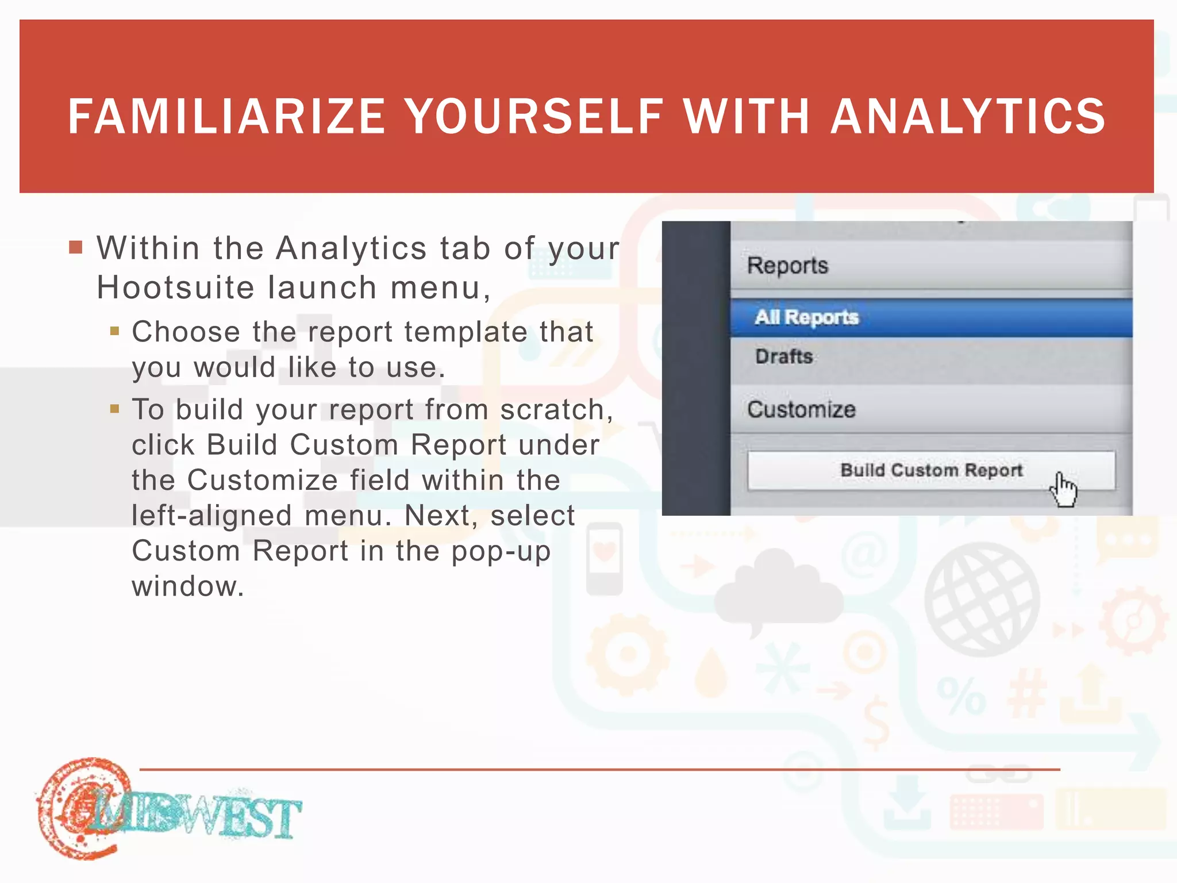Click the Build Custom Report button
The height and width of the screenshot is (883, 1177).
click(930, 470)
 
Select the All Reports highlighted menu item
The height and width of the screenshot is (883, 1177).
click(806, 317)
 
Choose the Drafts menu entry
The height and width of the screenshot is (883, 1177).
click(784, 356)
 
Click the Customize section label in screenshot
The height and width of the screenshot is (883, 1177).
click(801, 409)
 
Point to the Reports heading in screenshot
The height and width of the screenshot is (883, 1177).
click(787, 266)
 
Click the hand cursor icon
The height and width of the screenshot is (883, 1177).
click(1063, 490)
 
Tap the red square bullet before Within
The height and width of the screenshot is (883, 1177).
click(76, 248)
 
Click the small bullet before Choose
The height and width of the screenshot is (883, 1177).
click(115, 331)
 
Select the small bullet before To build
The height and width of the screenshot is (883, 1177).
click(115, 409)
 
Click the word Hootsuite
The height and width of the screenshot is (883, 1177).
click(175, 287)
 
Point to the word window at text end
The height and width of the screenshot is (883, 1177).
click(187, 586)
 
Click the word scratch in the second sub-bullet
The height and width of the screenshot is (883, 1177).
click(552, 410)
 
